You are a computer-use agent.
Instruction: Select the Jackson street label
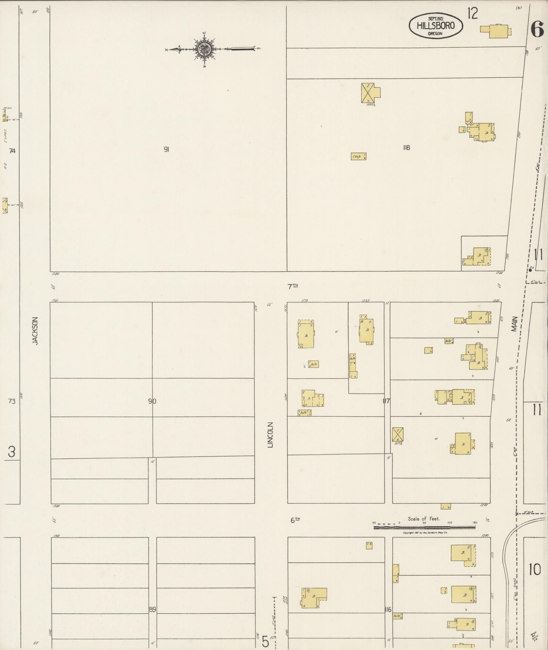[x=35, y=331]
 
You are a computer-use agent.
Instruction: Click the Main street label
[x=514, y=324]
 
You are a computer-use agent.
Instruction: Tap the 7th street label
[x=293, y=287]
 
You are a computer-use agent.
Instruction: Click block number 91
[x=166, y=149]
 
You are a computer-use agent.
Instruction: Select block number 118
[x=406, y=148]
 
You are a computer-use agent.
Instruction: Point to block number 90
[x=152, y=401]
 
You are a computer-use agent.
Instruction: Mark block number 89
[x=152, y=610]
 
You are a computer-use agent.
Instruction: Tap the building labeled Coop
[x=358, y=157]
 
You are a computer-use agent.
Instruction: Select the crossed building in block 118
[x=368, y=92]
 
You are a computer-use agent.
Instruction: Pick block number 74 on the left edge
[x=12, y=151]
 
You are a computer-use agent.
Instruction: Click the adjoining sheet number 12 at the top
[x=472, y=14]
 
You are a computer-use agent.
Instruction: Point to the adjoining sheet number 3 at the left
[x=12, y=453]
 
